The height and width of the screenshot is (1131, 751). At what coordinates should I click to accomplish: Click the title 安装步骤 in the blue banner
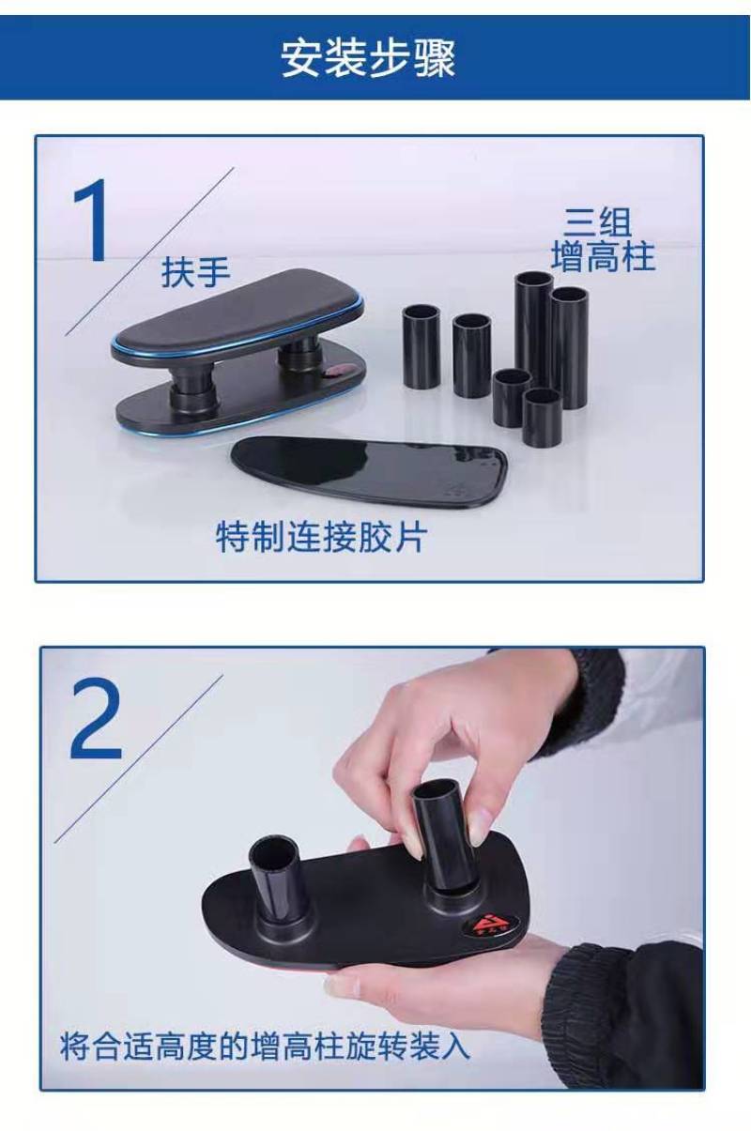[368, 58]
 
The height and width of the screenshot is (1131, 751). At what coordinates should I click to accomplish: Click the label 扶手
[195, 271]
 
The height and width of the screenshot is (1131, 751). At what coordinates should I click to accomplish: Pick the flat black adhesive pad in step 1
[369, 470]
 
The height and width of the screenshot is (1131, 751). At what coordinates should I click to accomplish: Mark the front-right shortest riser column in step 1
[543, 416]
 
